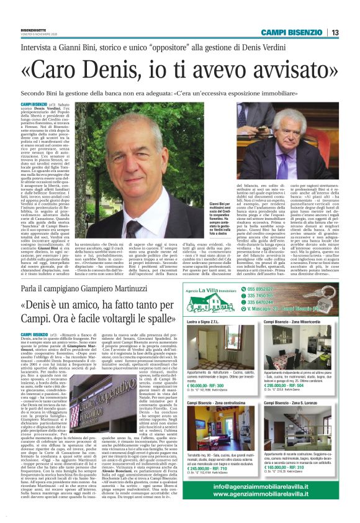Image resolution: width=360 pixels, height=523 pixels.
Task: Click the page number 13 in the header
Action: (352, 32)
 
